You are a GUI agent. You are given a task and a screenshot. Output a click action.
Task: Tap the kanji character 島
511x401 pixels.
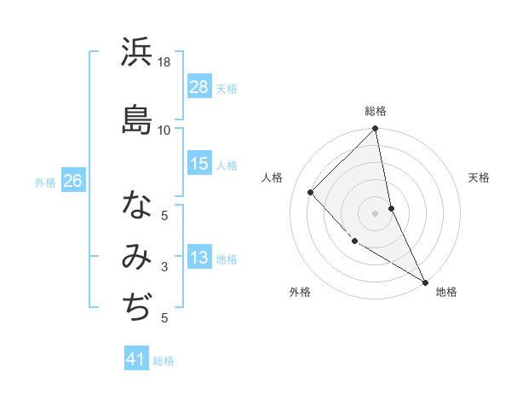click(136, 119)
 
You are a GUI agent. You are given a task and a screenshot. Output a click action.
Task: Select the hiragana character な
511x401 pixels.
click(136, 206)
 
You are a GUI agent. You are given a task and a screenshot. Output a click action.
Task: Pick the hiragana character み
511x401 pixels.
click(136, 255)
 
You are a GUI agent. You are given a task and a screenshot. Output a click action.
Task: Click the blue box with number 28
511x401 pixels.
click(199, 87)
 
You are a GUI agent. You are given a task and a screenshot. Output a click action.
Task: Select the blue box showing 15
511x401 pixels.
click(199, 165)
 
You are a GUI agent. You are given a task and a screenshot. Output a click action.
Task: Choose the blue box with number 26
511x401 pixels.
click(73, 181)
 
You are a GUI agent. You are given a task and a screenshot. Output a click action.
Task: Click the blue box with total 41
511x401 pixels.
click(136, 359)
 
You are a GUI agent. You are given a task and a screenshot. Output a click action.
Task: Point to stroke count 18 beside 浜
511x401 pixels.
click(164, 63)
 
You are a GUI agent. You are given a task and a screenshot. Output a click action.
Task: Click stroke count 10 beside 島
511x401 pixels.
click(164, 130)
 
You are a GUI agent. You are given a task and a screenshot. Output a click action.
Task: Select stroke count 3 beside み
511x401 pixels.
click(164, 267)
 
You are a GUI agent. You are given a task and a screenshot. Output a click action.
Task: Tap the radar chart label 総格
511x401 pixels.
click(376, 111)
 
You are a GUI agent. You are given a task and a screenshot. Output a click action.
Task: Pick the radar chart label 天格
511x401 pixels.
click(479, 177)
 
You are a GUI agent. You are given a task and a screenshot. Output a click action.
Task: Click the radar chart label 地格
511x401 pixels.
click(446, 292)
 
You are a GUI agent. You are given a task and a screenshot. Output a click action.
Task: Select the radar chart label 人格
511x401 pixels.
click(273, 177)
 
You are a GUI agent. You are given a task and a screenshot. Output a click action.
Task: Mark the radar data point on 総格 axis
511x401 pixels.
click(376, 129)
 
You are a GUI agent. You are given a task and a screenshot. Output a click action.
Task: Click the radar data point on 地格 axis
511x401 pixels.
click(425, 282)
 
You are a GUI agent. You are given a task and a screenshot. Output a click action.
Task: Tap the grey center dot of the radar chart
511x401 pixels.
click(376, 212)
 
